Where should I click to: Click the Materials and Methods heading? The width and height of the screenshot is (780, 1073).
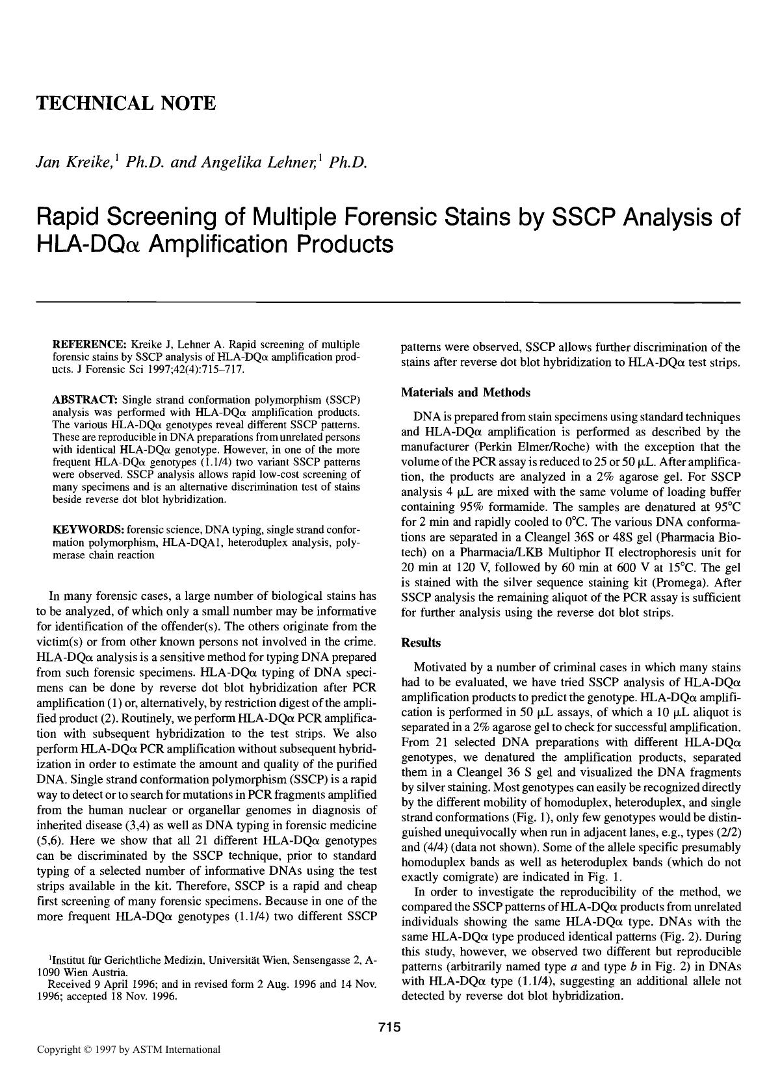click(x=465, y=393)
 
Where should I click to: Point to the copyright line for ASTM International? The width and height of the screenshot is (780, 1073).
click(x=129, y=1050)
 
